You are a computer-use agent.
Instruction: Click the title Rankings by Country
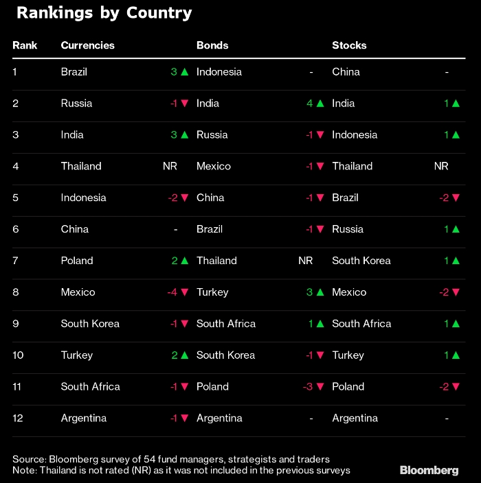[104, 13]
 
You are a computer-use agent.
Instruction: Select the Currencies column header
[87, 45]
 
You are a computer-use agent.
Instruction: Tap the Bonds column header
[212, 45]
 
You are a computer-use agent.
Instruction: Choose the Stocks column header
[349, 45]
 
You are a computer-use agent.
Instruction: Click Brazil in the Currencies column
[74, 71]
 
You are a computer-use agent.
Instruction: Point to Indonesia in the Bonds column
[219, 71]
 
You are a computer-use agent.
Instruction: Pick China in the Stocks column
[346, 71]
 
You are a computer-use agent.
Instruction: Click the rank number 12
[18, 418]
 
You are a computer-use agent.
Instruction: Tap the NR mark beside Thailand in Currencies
[170, 166]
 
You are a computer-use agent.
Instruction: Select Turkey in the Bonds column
[212, 292]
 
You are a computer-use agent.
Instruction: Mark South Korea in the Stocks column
[361, 260]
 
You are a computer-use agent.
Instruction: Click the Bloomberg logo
[429, 470]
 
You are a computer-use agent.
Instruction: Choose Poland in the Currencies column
[77, 260]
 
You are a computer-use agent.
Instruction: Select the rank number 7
[15, 260]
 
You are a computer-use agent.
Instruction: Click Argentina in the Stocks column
[355, 418]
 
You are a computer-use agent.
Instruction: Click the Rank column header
[25, 45]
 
